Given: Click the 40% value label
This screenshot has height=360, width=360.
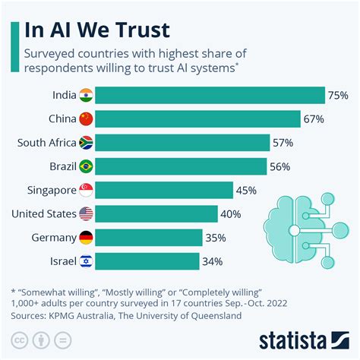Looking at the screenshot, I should point(232,214).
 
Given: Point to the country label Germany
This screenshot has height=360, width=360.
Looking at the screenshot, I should point(52,238).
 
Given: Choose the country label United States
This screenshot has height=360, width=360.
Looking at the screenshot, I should point(43,214).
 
